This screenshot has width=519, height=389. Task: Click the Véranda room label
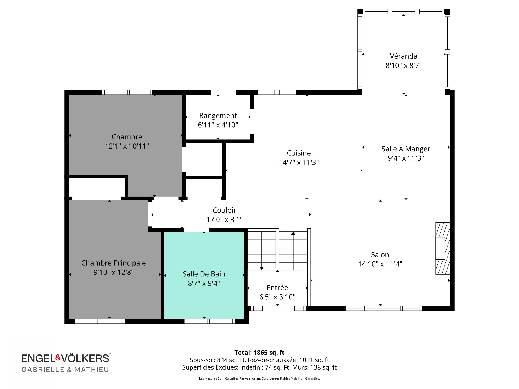click(403, 56)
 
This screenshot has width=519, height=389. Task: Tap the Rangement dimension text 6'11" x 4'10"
click(218, 125)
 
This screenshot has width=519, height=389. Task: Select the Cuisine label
click(299, 153)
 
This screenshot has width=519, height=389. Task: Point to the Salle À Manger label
click(406, 149)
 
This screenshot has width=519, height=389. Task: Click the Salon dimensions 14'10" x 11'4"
click(380, 264)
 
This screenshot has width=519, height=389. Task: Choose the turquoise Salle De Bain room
click(204, 275)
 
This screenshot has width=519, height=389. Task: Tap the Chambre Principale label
click(114, 263)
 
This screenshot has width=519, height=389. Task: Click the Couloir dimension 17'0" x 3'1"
click(224, 219)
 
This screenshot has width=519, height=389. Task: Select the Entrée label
click(277, 287)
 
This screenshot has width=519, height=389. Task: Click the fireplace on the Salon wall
click(443, 248)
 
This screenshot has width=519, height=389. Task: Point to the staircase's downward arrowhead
click(261, 268)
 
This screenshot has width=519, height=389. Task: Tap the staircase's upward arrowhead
click(293, 233)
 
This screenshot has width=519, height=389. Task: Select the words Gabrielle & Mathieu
click(65, 370)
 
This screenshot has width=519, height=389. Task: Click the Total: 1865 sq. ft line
click(259, 353)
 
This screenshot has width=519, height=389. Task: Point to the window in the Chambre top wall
click(127, 92)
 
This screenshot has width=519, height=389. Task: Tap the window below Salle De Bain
click(209, 321)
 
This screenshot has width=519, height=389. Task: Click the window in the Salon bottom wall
click(384, 308)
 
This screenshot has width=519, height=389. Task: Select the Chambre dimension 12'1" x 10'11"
click(127, 146)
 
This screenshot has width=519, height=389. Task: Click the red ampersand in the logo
click(58, 357)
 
